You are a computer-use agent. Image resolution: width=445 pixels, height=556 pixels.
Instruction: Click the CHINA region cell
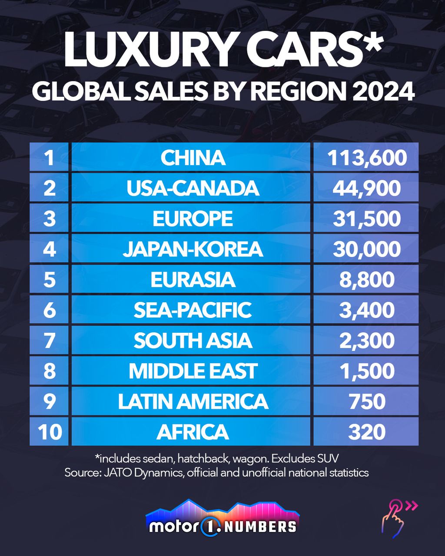[x=193, y=158]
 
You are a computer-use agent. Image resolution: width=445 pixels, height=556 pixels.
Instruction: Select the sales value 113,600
[x=367, y=158]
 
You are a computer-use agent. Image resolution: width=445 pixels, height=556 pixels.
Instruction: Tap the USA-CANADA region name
[x=193, y=188]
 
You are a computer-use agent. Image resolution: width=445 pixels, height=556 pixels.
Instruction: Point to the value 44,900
[x=367, y=188]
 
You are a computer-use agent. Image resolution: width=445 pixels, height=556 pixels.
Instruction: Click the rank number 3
[x=50, y=218]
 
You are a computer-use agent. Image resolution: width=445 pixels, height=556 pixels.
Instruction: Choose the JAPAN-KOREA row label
[x=193, y=249]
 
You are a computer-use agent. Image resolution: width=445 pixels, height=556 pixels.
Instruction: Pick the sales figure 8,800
[x=367, y=279]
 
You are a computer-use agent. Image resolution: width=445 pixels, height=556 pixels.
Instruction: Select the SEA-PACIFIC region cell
[x=193, y=310]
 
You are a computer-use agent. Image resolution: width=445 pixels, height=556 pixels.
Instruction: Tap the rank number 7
[x=50, y=341]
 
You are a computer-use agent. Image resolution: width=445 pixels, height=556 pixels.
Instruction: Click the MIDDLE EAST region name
[x=193, y=371]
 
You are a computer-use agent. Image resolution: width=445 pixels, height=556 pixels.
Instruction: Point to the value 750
[x=367, y=401]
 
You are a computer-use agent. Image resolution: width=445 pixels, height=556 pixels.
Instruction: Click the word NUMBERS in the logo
[x=262, y=526]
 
